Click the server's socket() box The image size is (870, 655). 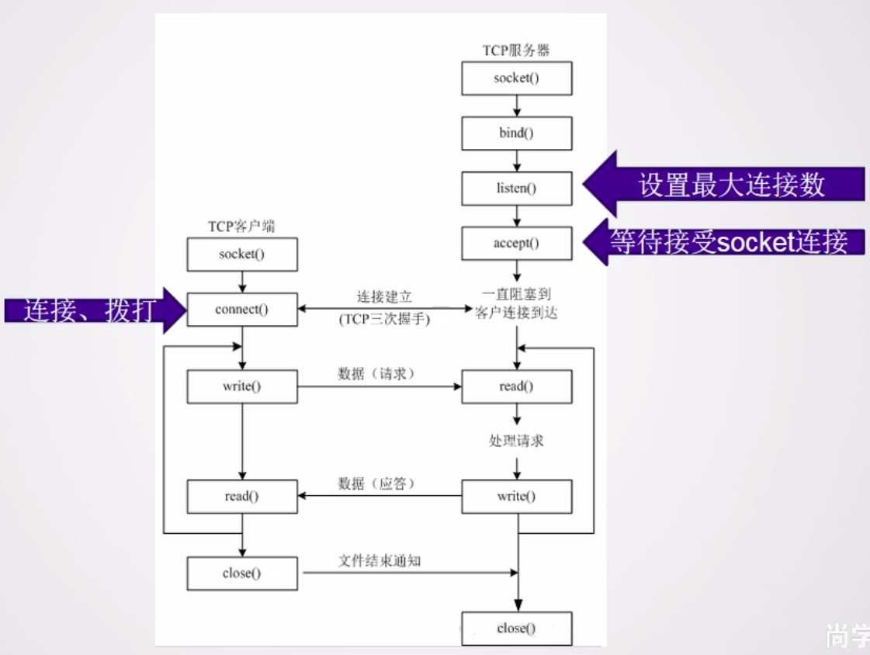[x=517, y=78]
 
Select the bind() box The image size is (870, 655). [x=517, y=133]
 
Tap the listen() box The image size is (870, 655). [x=517, y=188]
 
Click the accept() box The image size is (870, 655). [x=517, y=243]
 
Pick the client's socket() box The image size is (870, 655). [x=242, y=255]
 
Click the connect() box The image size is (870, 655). [x=242, y=310]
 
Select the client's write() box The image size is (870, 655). [x=242, y=386]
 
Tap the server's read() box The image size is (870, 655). [x=517, y=386]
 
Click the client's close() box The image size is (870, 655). [x=242, y=574]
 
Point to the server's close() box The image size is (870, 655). [x=517, y=628]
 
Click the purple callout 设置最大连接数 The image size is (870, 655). [x=730, y=185]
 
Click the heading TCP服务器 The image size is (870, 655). [x=516, y=50]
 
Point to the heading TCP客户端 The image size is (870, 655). [x=241, y=227]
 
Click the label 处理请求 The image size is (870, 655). [x=516, y=441]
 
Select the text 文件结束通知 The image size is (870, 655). [x=380, y=560]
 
